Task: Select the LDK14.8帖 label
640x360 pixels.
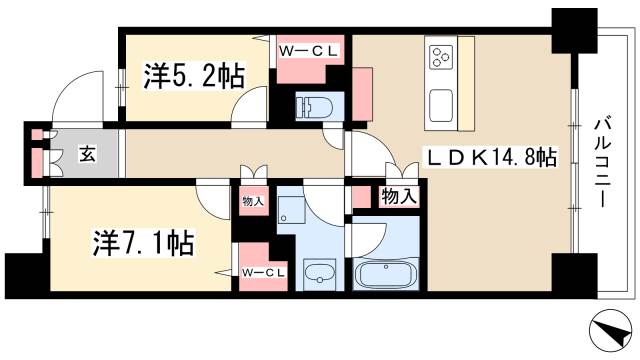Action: click(x=489, y=156)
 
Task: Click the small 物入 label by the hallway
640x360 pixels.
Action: click(x=252, y=201)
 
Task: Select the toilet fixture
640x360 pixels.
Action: click(x=312, y=107)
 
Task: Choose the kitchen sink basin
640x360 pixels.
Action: click(x=441, y=103)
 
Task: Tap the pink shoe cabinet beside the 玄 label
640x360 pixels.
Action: click(x=39, y=153)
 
